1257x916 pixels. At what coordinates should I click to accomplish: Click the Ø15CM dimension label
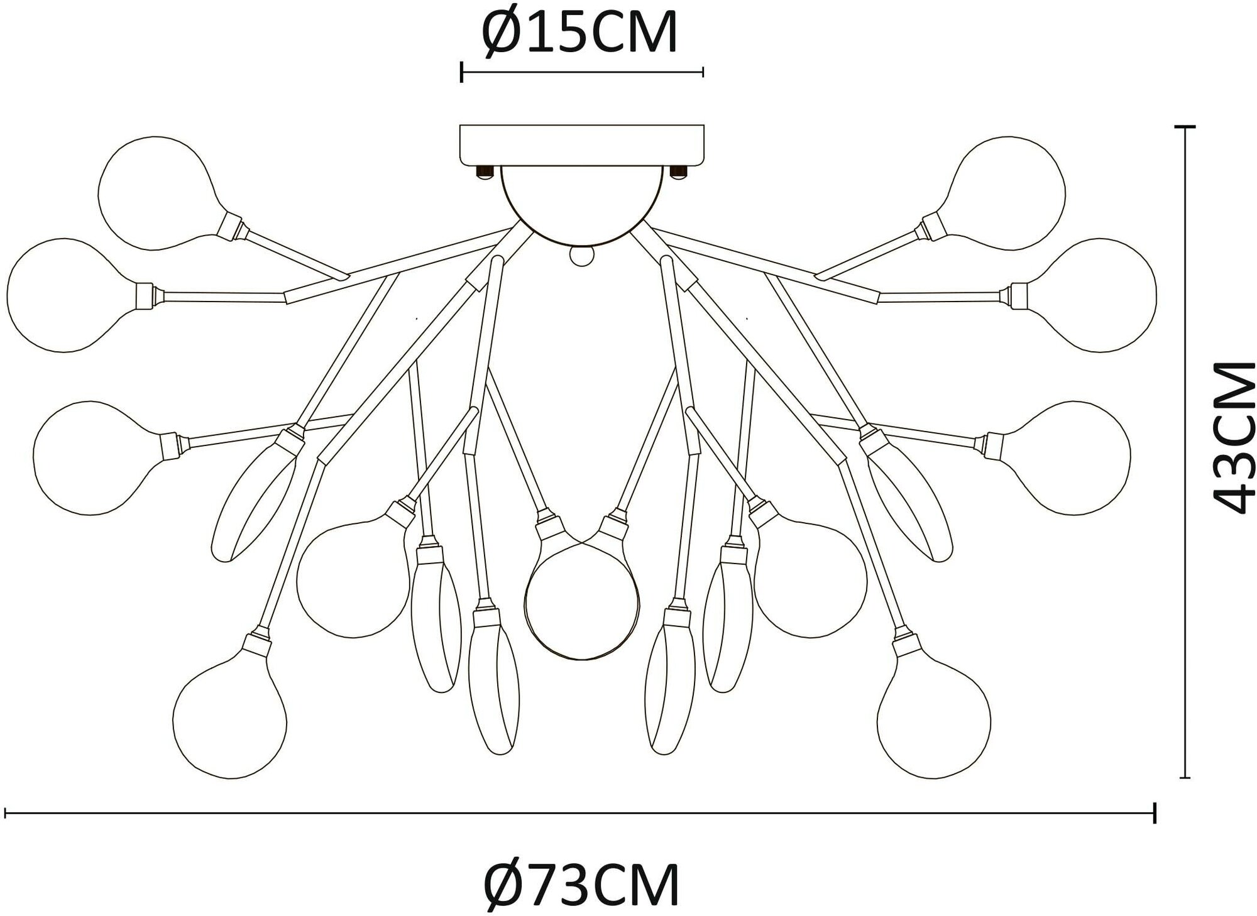click(579, 33)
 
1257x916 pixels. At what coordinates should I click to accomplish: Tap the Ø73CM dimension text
click(581, 885)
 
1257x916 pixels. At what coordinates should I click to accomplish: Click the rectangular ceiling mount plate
click(582, 144)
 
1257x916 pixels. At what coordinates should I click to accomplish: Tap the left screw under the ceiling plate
click(484, 172)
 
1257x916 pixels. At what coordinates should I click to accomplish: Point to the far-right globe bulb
click(1103, 295)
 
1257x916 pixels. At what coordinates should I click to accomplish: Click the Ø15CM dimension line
click(582, 72)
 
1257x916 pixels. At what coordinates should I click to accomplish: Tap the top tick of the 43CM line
click(1185, 127)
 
